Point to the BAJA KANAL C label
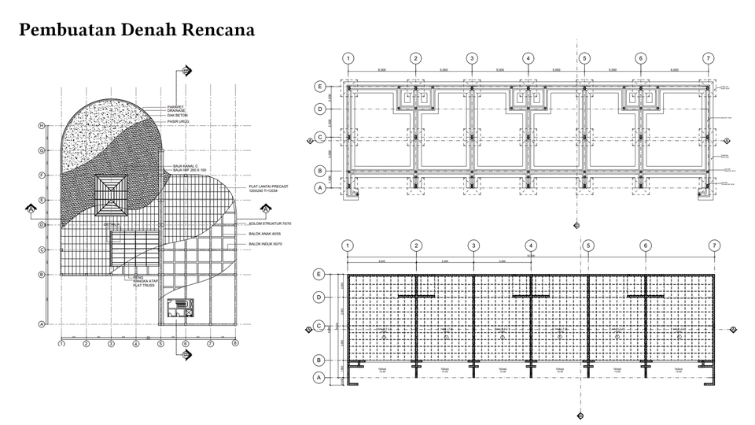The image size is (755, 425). pyautogui.click(x=187, y=165)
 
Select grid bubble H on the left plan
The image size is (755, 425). pyautogui.click(x=40, y=126)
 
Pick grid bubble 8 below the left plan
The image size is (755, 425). pyautogui.click(x=234, y=343)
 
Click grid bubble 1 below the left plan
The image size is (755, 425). pyautogui.click(x=61, y=343)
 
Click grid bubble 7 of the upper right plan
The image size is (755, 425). pyautogui.click(x=709, y=58)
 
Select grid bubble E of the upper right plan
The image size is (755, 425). pyautogui.click(x=320, y=86)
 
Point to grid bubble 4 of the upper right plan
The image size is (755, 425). pyautogui.click(x=528, y=58)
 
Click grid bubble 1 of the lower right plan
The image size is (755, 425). pyautogui.click(x=348, y=246)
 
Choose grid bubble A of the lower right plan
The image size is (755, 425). pyautogui.click(x=319, y=378)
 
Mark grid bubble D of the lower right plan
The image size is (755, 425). pyautogui.click(x=319, y=297)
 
